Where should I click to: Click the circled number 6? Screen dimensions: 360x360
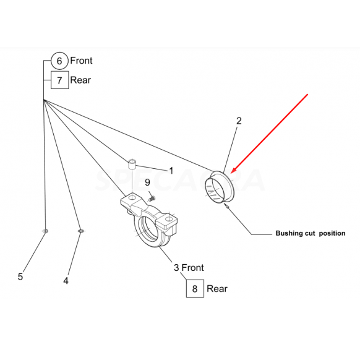[59, 61]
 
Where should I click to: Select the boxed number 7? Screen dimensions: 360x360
[60, 80]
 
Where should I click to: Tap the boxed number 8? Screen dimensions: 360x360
[195, 289]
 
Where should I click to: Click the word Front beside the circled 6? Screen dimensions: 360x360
[81, 61]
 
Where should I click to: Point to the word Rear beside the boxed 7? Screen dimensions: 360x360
[80, 80]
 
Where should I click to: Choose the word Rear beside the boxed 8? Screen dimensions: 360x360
[217, 289]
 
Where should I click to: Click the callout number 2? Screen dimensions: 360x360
[239, 121]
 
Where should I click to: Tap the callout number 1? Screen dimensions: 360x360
[171, 171]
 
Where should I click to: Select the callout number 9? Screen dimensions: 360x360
[147, 182]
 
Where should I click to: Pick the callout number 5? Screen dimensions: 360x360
[20, 276]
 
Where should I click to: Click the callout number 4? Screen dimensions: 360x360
[66, 281]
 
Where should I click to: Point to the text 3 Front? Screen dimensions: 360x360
[189, 268]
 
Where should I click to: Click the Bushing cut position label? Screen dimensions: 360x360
[311, 233]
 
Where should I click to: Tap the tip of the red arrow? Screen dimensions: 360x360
[231, 173]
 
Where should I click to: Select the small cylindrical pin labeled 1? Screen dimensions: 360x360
[132, 164]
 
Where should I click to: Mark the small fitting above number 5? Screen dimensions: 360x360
[45, 231]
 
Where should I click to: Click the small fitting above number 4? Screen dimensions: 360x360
[80, 231]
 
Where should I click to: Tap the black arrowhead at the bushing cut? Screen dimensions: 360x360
[226, 206]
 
